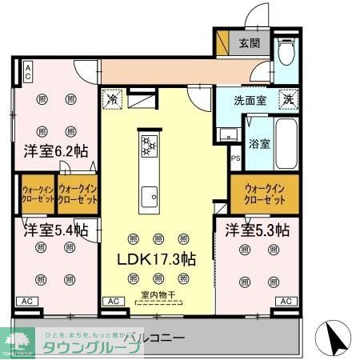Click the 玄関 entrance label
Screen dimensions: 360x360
point(248,43)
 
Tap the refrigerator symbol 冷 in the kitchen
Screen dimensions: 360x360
point(112,101)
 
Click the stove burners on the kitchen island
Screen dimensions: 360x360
point(150,145)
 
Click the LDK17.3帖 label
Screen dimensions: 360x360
point(158,258)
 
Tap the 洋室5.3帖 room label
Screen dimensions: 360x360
point(257,230)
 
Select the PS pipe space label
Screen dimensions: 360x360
point(235,158)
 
